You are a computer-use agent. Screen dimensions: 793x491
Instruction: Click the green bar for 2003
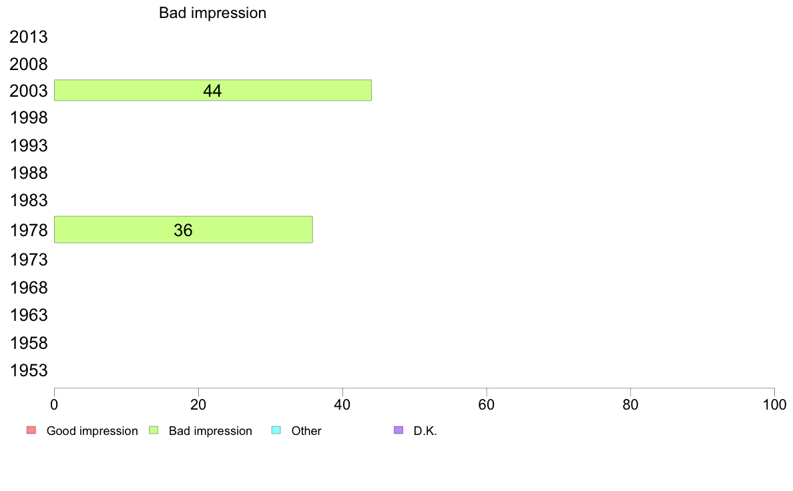point(213,90)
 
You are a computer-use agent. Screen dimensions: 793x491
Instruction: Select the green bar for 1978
point(184,229)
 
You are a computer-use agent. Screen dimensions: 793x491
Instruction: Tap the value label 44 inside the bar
point(212,91)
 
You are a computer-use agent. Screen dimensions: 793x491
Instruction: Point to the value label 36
point(183,230)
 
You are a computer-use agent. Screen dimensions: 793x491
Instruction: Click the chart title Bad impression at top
point(212,13)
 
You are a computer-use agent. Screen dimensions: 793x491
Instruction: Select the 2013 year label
point(28,37)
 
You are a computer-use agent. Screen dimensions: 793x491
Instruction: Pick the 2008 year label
point(28,64)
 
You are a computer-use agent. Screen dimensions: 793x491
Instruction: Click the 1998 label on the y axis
point(28,118)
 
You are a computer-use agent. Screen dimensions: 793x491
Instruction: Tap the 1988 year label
point(28,173)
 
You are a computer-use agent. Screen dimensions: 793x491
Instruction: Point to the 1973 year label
point(28,260)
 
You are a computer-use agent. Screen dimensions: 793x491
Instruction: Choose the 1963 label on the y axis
point(28,315)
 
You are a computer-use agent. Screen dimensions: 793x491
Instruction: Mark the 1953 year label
point(28,371)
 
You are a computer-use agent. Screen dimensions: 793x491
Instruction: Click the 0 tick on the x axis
point(54,404)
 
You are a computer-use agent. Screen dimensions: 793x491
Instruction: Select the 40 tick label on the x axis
point(342,404)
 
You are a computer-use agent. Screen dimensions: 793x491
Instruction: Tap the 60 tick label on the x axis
point(487,404)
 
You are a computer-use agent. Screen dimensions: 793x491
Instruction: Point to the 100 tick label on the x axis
point(774,404)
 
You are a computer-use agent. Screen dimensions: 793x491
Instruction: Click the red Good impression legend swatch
point(31,430)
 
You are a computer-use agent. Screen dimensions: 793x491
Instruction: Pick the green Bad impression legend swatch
point(154,430)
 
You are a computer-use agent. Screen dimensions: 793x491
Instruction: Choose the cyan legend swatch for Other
point(276,430)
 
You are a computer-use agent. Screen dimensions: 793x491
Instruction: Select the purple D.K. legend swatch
point(399,430)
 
